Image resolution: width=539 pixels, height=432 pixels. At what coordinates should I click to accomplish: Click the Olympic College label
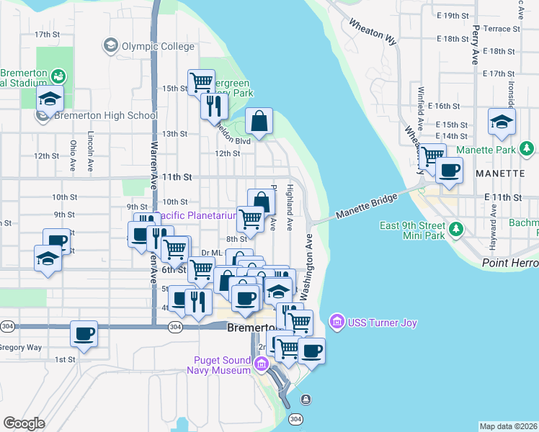pyautogui.click(x=157, y=46)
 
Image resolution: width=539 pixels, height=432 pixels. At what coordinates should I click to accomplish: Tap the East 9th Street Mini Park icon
pyautogui.click(x=455, y=230)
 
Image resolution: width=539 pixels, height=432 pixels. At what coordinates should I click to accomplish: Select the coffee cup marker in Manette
pyautogui.click(x=449, y=171)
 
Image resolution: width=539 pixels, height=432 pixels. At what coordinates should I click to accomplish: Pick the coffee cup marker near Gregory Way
pyautogui.click(x=84, y=333)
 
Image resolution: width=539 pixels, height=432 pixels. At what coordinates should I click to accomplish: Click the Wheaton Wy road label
pyautogui.click(x=372, y=33)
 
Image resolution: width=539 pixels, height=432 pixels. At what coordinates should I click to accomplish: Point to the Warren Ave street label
pyautogui.click(x=153, y=158)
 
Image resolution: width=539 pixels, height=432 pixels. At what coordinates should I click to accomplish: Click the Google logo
pyautogui.click(x=24, y=423)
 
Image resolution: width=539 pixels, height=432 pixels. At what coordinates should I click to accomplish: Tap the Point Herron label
pyautogui.click(x=509, y=264)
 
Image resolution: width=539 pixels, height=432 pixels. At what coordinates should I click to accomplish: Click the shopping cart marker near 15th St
pyautogui.click(x=200, y=81)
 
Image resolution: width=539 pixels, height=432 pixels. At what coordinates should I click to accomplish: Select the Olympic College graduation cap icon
pyautogui.click(x=111, y=46)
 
